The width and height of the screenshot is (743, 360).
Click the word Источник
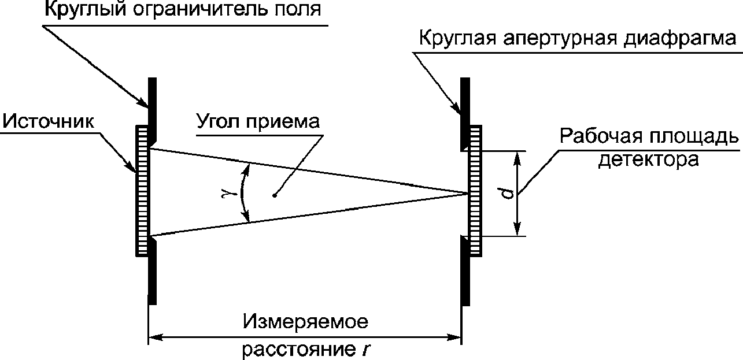(x=46, y=121)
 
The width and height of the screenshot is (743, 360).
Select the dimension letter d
(x=507, y=193)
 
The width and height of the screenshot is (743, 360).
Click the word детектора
(x=648, y=159)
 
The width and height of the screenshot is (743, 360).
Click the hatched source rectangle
(x=142, y=191)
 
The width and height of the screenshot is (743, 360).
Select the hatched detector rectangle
(x=475, y=191)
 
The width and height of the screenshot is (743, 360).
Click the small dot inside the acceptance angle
(x=275, y=195)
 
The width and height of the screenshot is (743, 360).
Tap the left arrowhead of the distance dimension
(x=154, y=335)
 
